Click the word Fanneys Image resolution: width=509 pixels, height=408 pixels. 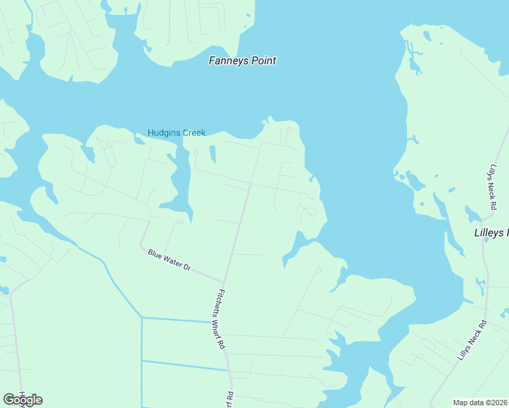[x=227, y=61]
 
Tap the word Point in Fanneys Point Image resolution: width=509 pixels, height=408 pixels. [x=262, y=61]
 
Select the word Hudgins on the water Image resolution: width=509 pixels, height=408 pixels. [x=163, y=133]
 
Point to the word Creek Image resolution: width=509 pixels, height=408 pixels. [x=193, y=133]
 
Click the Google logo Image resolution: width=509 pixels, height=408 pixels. [x=23, y=400]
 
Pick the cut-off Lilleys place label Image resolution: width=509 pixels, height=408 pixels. [x=491, y=233]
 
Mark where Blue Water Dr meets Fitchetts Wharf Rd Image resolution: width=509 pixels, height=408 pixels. [x=223, y=281]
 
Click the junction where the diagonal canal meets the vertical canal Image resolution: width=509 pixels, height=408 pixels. [x=142, y=317]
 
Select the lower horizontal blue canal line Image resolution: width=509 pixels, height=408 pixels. [x=184, y=366]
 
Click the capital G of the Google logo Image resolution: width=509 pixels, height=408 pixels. [x=10, y=400]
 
